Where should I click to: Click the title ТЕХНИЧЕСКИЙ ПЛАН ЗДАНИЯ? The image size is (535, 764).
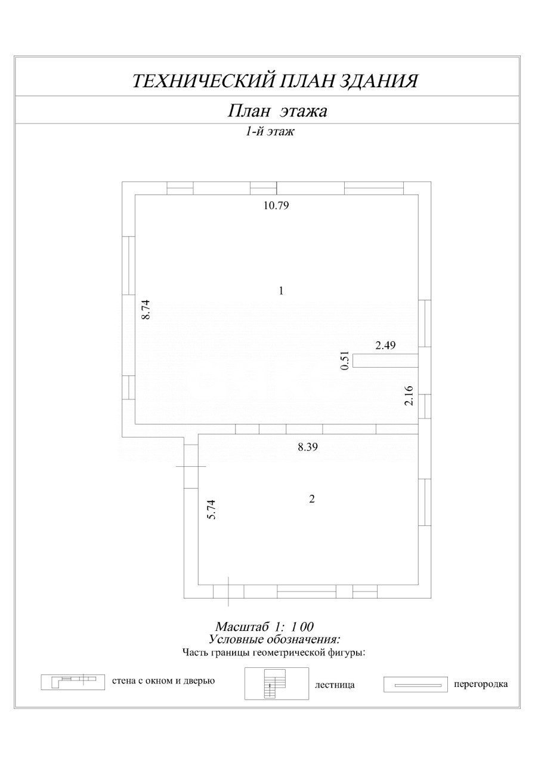tap(274, 81)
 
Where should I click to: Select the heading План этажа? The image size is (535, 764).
tap(278, 111)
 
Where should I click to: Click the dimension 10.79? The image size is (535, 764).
tap(280, 206)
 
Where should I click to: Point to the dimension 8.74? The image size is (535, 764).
tap(145, 310)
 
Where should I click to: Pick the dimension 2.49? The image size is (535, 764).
tap(385, 345)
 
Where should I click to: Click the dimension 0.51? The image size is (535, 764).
tap(344, 361)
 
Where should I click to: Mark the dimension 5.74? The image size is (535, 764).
tap(211, 509)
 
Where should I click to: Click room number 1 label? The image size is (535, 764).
tap(280, 291)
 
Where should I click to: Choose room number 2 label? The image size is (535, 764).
tap(311, 500)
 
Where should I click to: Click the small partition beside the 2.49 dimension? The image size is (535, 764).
tap(385, 361)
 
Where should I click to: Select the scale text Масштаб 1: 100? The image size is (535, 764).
tap(265, 627)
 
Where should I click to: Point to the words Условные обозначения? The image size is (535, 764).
tap(274, 639)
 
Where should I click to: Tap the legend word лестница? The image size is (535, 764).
tap(335, 685)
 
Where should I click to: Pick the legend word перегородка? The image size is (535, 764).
tap(480, 684)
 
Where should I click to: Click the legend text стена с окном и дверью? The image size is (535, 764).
tap(163, 680)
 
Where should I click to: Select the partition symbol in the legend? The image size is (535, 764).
tap(415, 685)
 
